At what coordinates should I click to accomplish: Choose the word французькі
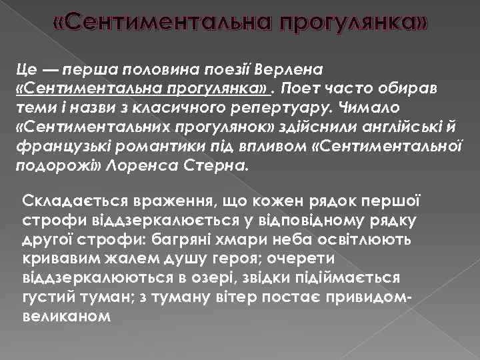coord(57,146)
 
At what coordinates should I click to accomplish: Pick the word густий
coord(49,295)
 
